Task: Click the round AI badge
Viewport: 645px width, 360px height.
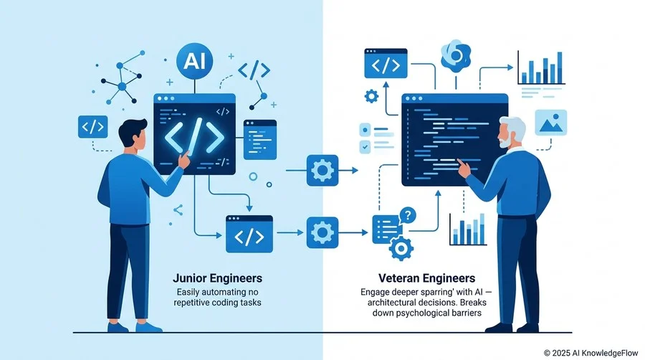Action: pos(194,61)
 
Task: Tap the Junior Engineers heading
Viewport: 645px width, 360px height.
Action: pos(217,278)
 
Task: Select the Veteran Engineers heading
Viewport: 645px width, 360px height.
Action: pos(426,278)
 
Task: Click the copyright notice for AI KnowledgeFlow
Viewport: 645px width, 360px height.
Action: pos(591,353)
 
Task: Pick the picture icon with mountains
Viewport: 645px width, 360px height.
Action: pos(551,123)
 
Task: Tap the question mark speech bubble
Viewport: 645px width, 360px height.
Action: pos(408,214)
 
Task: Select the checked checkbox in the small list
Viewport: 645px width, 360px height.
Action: pos(365,146)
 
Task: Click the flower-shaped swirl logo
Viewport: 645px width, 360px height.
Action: pos(455,56)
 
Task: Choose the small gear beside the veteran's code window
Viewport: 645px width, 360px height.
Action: pos(371,96)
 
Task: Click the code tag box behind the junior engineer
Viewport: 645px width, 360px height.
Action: pos(93,127)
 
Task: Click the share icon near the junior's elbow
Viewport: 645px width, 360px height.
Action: pos(178,210)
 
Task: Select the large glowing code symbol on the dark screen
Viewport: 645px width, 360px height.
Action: pos(194,136)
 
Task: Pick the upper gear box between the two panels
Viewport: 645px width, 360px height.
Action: pos(322,171)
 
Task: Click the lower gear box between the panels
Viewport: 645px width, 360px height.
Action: pos(322,232)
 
